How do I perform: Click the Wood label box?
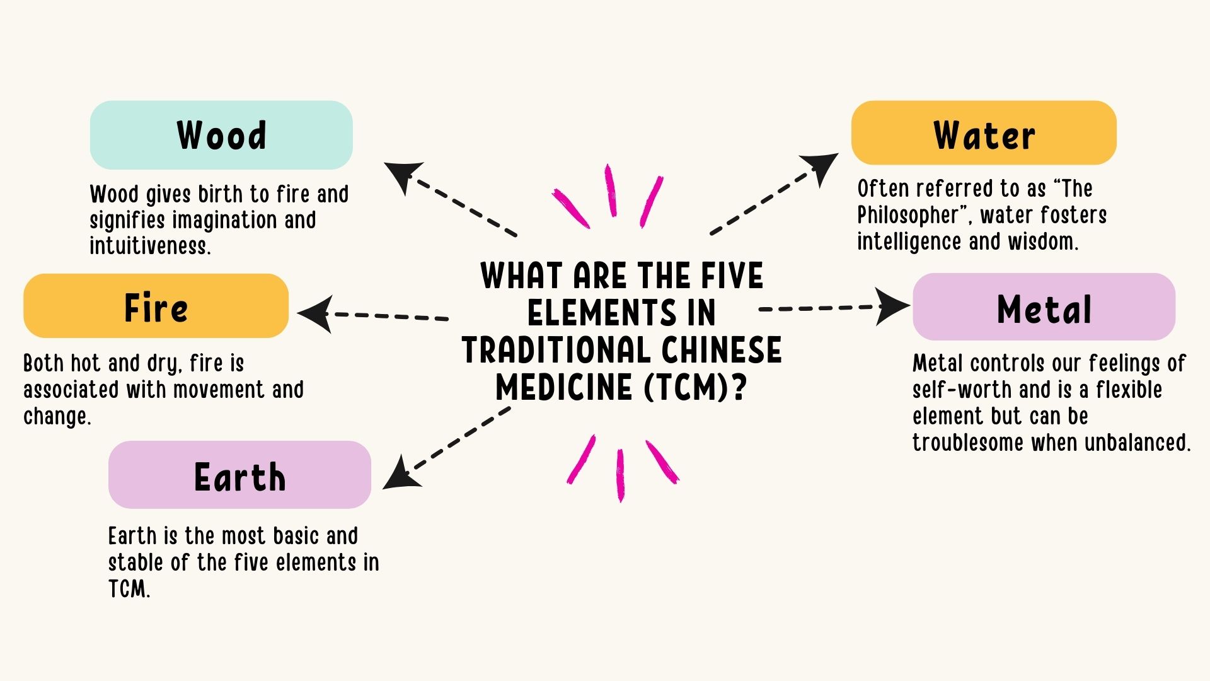click(x=221, y=135)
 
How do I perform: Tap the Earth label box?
click(x=239, y=475)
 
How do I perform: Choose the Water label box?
click(x=984, y=133)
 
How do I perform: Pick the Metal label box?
click(x=1044, y=307)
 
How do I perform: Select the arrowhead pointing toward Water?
click(x=821, y=165)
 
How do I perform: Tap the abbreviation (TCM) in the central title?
click(x=688, y=387)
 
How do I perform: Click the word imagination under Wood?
click(x=225, y=220)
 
